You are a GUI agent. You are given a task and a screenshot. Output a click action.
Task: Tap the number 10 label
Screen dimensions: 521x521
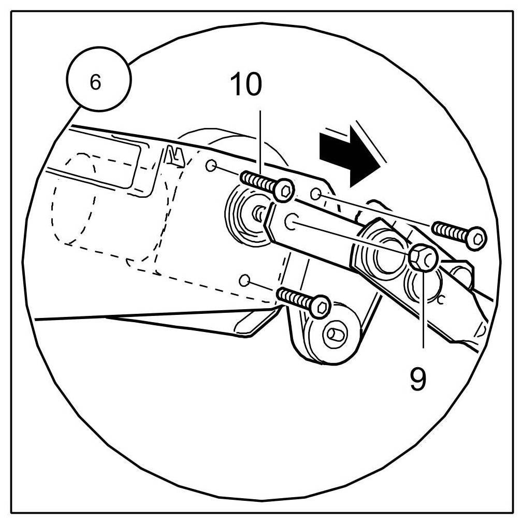click(x=247, y=84)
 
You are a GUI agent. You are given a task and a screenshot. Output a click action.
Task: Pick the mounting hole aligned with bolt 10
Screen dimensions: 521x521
click(x=211, y=166)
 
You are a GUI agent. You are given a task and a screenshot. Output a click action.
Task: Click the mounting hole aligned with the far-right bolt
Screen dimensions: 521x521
click(x=315, y=194)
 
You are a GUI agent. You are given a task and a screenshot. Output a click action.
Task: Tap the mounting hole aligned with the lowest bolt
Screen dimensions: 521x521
click(x=245, y=280)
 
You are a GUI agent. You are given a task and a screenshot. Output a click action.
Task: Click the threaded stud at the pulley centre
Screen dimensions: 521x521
click(x=257, y=213)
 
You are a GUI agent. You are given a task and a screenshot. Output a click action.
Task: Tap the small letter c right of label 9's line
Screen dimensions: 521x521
click(x=440, y=299)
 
